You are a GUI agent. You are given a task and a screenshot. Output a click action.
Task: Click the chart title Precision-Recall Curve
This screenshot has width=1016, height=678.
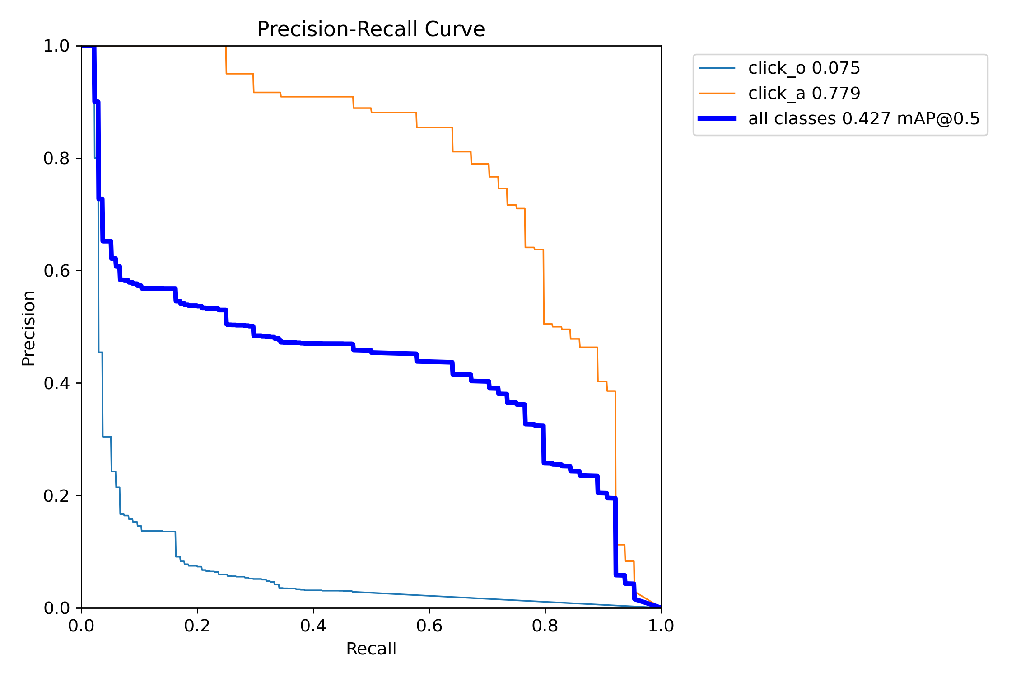click(371, 29)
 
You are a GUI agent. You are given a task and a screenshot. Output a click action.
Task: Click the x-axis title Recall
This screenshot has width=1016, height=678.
click(371, 649)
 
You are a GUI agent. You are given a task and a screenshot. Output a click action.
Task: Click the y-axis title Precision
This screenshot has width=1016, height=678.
click(29, 328)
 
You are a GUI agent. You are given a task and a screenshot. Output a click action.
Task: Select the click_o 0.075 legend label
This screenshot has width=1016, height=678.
click(804, 68)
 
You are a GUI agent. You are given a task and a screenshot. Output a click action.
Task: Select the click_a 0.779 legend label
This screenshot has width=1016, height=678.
click(804, 94)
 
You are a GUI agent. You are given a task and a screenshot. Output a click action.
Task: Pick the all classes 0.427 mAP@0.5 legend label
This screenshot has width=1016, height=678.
click(864, 119)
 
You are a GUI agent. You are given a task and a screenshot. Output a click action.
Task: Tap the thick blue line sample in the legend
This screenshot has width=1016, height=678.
click(717, 118)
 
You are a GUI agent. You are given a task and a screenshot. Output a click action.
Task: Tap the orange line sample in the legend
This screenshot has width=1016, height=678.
click(717, 94)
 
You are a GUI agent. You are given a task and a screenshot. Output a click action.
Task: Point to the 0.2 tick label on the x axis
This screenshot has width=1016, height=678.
click(197, 626)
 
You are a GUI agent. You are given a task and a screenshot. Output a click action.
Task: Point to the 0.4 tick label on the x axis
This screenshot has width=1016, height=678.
click(313, 626)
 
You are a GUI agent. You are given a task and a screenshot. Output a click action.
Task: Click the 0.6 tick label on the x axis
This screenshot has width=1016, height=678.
click(429, 626)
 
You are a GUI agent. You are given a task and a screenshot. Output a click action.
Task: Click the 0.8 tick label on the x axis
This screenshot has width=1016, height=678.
click(545, 626)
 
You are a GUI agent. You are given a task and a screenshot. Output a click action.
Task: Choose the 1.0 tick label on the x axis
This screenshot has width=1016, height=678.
click(661, 626)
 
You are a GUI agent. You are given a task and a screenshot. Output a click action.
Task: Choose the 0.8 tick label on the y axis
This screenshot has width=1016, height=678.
click(56, 158)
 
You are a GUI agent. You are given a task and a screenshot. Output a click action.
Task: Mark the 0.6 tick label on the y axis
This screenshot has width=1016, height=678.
click(56, 271)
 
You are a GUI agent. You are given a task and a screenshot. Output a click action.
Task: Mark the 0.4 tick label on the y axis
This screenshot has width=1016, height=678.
click(56, 383)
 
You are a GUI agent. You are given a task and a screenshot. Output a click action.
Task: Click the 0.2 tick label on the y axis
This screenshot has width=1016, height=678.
click(56, 496)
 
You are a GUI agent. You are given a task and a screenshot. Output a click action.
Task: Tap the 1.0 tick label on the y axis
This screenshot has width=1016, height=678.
click(56, 46)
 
